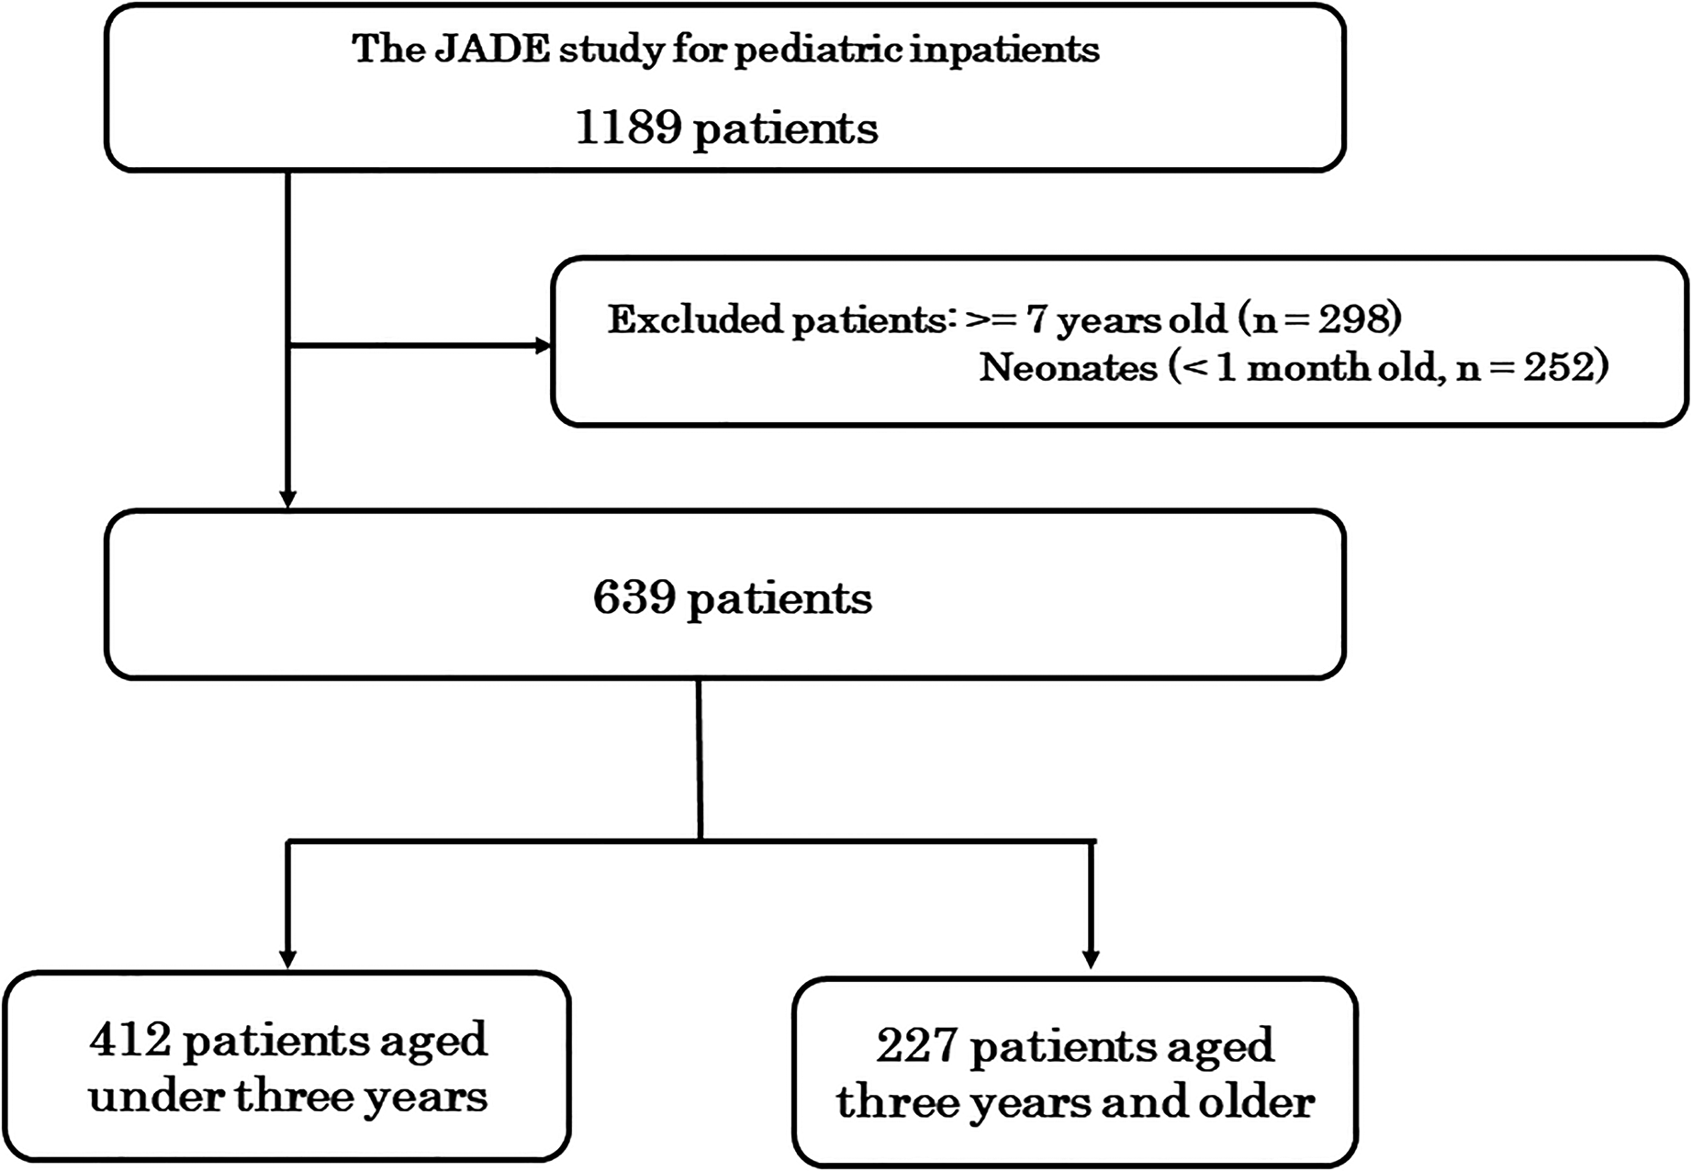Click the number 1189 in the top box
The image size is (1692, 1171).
click(628, 128)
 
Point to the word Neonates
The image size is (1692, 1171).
click(1068, 368)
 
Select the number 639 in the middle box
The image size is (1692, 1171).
click(633, 598)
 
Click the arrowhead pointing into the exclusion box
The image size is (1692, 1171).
click(543, 346)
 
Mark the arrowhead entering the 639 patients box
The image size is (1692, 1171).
click(288, 499)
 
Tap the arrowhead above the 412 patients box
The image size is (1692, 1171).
click(288, 959)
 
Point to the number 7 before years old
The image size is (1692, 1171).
click(1036, 319)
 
